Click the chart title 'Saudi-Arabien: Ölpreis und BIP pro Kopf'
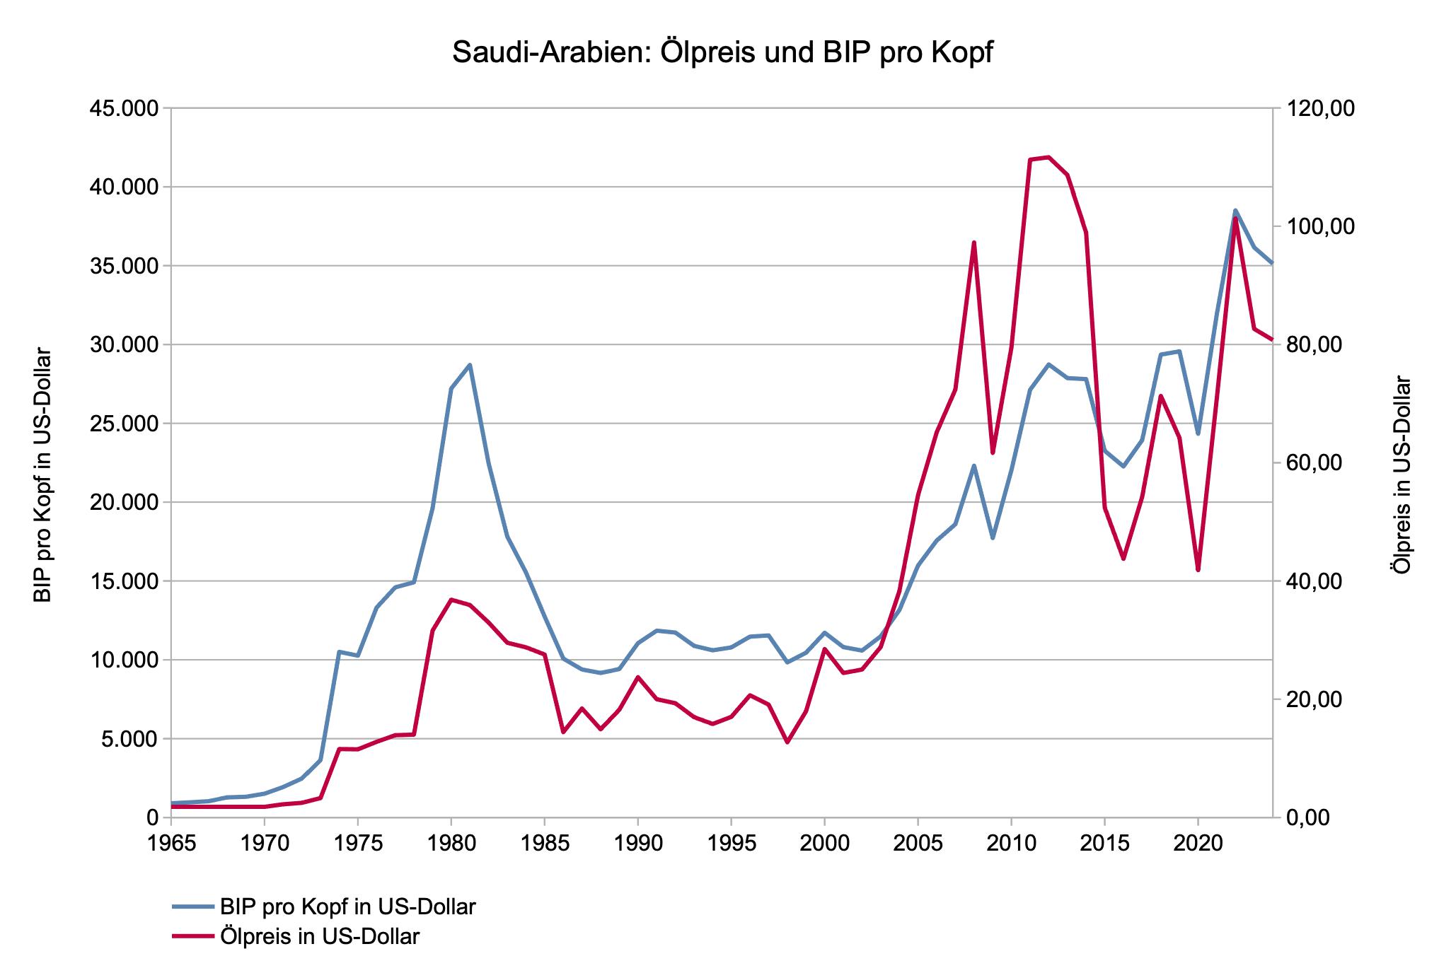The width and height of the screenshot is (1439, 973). (x=722, y=53)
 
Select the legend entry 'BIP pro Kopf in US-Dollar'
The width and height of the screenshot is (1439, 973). (x=347, y=907)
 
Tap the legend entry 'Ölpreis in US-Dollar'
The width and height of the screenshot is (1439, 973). (x=320, y=936)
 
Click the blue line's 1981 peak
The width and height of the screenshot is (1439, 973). (x=470, y=365)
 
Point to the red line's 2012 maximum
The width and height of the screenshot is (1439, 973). (x=1048, y=157)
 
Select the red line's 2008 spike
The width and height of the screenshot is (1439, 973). (x=974, y=243)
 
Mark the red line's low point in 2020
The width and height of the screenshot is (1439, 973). (x=1198, y=570)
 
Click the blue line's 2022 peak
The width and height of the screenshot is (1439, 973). (x=1235, y=210)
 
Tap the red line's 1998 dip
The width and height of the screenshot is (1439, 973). (x=787, y=742)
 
